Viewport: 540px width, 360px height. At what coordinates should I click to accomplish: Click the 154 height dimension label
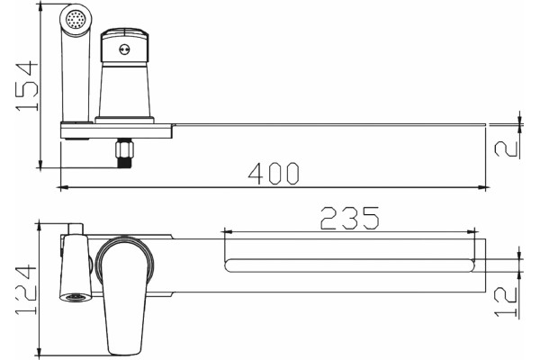coord(26,86)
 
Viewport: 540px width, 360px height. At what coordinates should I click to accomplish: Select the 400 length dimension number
coord(274,174)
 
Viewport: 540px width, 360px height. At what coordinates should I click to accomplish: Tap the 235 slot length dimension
coord(350,218)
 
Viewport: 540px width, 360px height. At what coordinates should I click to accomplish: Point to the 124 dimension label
coord(26,290)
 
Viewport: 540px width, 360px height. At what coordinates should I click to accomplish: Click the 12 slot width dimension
coord(506,301)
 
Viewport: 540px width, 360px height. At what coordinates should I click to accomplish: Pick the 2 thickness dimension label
coord(506,148)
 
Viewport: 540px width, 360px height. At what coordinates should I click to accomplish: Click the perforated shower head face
coord(76,19)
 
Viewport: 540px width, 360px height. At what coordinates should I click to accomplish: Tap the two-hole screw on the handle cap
coord(124,49)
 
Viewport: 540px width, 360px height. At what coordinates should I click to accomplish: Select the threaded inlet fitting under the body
coord(124,153)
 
